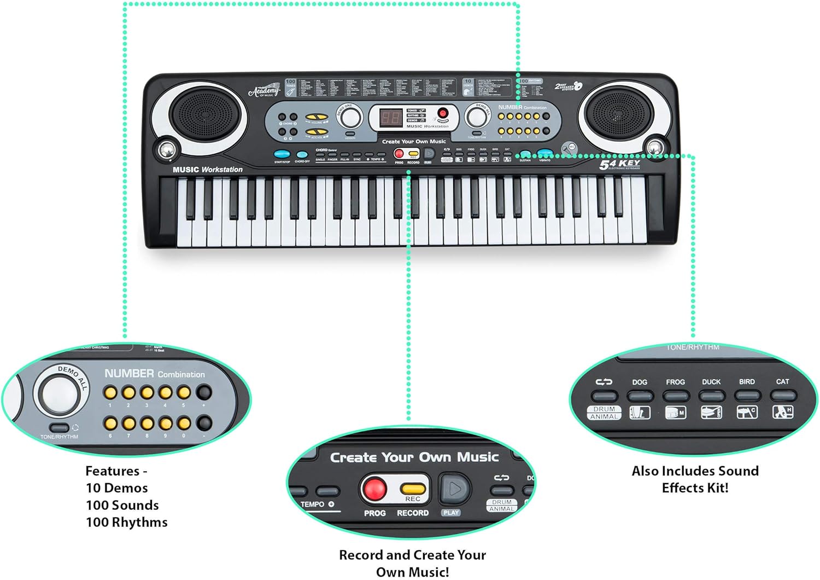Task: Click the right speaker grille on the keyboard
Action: [x=619, y=115]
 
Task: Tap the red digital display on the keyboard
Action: [x=391, y=118]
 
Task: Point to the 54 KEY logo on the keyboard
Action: [x=619, y=164]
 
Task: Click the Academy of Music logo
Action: [x=264, y=91]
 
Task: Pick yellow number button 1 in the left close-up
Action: [x=110, y=392]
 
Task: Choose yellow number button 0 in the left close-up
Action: [x=184, y=423]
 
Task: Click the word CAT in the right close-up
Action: [x=782, y=381]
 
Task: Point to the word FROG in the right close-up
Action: [x=675, y=382]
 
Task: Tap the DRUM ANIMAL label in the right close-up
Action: [x=604, y=413]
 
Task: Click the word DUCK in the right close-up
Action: [x=711, y=382]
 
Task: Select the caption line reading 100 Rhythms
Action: [x=127, y=522]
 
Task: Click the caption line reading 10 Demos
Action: [x=117, y=488]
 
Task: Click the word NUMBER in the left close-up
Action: [x=129, y=373]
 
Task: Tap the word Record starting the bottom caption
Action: [x=361, y=555]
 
